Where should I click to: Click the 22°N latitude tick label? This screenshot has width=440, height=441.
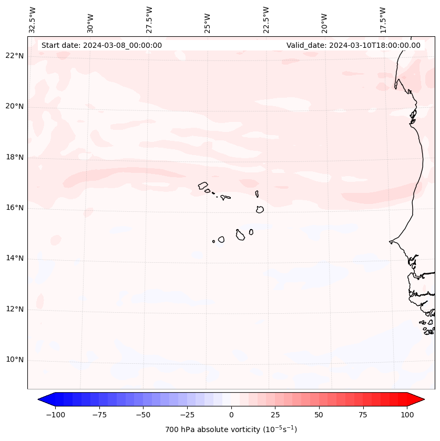(15, 56)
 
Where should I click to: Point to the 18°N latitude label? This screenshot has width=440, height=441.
(15, 157)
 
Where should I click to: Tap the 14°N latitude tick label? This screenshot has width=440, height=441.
(15, 258)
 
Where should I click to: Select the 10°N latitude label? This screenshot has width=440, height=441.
(15, 360)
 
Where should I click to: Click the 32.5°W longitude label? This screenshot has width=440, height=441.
(33, 19)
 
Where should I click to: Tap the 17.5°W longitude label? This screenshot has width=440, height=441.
(383, 19)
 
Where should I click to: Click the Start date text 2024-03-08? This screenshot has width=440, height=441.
(101, 45)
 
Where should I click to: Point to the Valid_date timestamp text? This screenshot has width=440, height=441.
(353, 45)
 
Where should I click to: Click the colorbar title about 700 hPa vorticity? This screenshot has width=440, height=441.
(231, 429)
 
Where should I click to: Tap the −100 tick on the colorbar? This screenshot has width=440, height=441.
(55, 415)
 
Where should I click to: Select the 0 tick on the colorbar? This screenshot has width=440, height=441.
(231, 415)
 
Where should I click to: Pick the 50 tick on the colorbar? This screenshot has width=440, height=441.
(319, 415)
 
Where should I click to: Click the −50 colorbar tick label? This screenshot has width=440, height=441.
(143, 415)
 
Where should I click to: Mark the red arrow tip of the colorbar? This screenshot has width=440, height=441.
(423, 399)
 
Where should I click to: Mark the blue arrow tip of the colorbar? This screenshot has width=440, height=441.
(39, 399)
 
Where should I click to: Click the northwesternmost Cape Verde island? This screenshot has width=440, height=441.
(203, 185)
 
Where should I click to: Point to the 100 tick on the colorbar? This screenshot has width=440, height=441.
(406, 415)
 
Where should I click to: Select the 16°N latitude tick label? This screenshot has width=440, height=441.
(15, 208)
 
